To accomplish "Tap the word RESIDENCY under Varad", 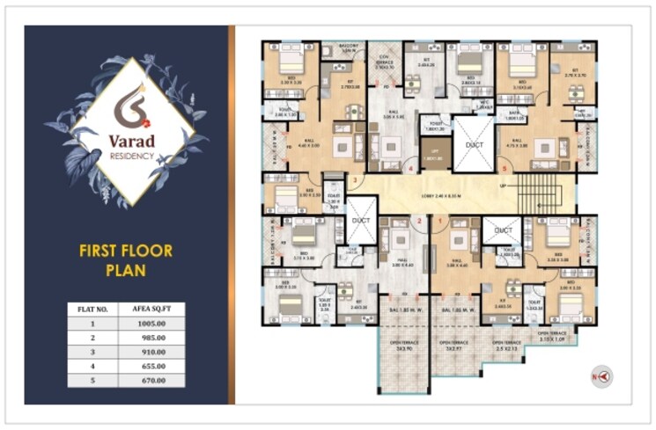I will pos(133,157).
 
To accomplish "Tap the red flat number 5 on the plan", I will pos(503,168).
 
